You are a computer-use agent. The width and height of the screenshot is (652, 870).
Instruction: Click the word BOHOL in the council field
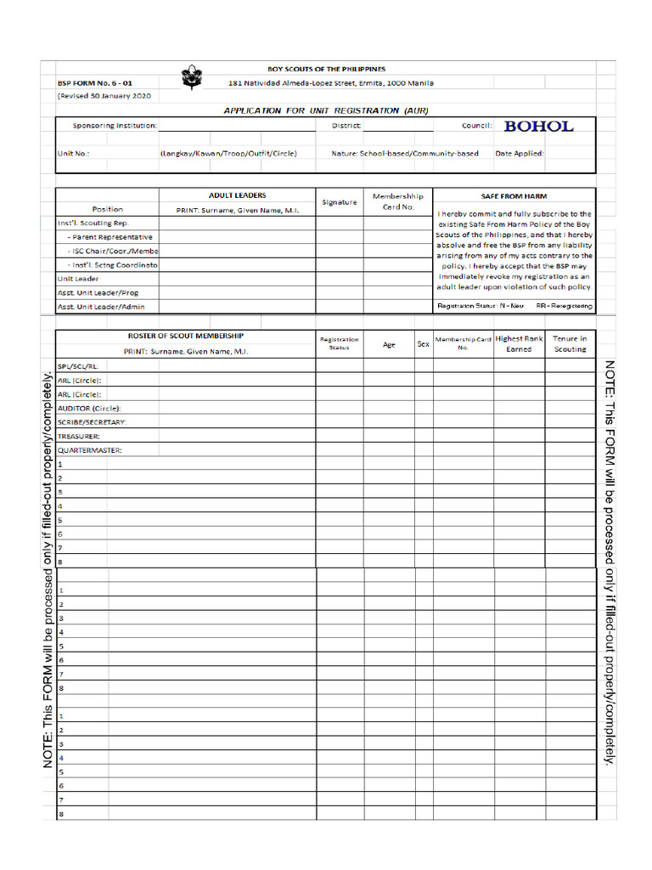(x=538, y=127)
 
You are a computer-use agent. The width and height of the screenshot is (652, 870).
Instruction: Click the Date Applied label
(x=520, y=154)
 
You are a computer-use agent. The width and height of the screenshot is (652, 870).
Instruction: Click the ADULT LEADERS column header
(x=237, y=195)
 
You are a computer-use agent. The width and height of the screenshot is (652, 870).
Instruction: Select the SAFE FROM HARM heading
(x=514, y=195)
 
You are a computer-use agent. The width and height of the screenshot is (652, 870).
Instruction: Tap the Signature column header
(x=340, y=202)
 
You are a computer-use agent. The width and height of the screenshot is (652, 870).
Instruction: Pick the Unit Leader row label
(x=78, y=279)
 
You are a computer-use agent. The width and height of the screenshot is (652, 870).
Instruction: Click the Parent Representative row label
(x=110, y=237)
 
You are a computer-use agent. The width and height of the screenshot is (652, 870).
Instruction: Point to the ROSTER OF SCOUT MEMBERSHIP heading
(x=185, y=336)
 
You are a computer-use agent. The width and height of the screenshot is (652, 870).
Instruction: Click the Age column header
(x=389, y=344)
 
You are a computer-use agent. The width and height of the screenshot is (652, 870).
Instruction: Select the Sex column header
(x=423, y=344)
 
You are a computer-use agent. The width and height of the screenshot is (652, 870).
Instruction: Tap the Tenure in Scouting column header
(x=570, y=343)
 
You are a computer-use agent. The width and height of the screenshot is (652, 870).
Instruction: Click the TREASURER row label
(x=79, y=436)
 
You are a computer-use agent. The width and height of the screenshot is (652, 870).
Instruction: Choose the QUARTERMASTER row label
(x=89, y=449)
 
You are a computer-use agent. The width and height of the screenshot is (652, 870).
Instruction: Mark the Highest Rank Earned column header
(x=519, y=343)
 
